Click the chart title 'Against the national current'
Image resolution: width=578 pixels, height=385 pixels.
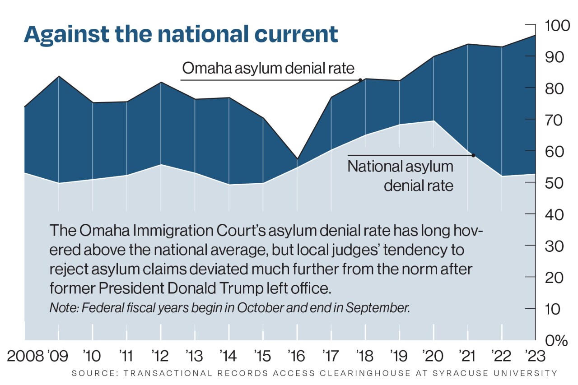181,34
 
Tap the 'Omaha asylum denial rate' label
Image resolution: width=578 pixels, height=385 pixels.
268,69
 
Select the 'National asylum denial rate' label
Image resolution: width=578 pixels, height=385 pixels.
400,176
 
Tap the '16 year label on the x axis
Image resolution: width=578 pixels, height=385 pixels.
297,356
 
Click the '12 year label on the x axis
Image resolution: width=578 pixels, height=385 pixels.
160,356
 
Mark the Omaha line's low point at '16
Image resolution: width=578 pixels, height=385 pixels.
297,159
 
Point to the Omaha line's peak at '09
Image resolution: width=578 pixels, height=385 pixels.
58,76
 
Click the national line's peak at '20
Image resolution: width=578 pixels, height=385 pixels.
433,121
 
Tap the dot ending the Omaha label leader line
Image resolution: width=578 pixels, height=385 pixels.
360,80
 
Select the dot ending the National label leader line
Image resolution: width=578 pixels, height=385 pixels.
473,155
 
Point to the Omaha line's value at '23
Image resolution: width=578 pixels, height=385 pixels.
535,35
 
